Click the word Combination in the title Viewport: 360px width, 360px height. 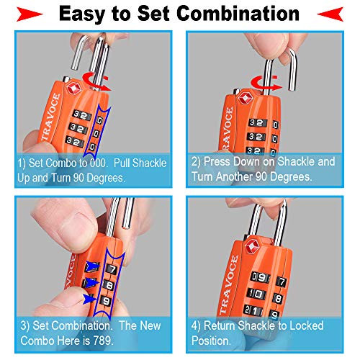238,13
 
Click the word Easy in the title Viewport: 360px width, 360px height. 82,14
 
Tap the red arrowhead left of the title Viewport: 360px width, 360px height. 30,14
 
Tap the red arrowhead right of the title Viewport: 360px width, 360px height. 330,14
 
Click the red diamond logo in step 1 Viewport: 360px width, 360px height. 73,89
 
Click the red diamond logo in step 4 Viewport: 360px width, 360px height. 252,246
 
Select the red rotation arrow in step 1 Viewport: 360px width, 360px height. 96,81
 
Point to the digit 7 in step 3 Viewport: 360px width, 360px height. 112,269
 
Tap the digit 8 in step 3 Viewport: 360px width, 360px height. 109,285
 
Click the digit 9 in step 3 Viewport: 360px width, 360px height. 106,301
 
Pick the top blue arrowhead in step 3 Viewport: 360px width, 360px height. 92,266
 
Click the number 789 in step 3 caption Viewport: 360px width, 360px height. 103,341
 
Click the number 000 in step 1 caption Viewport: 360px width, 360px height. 98,163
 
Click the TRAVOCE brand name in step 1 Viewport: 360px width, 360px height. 50,117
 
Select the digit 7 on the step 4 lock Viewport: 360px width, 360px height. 282,282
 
